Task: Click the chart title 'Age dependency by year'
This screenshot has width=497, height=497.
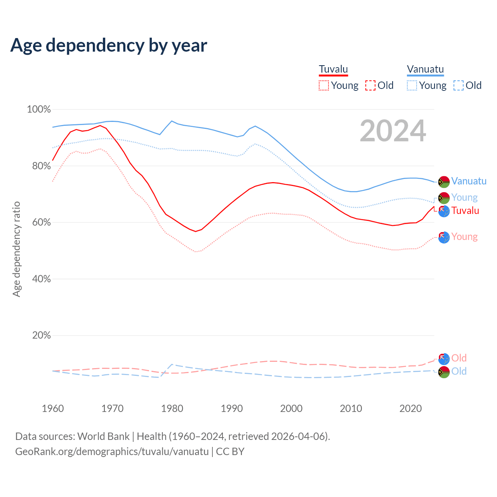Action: (109, 45)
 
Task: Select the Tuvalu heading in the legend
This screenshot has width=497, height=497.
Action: (333, 69)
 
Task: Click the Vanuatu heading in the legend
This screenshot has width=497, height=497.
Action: (425, 69)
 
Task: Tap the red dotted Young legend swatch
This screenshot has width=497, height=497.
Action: (323, 85)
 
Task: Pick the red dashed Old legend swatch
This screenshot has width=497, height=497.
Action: (370, 85)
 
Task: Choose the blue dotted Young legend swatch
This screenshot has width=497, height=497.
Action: (412, 85)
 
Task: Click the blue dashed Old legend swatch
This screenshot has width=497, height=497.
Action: (459, 85)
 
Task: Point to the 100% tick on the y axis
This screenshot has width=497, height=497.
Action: (39, 109)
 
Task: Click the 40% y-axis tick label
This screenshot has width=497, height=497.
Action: (41, 279)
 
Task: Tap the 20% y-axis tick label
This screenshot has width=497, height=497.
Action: (41, 335)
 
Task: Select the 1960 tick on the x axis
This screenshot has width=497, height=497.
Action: (53, 408)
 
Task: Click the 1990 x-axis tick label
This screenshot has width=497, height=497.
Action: (232, 408)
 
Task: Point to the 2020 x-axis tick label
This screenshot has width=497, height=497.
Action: (410, 408)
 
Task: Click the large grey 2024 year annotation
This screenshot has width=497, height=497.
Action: (393, 131)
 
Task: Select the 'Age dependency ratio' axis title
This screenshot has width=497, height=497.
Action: (16, 249)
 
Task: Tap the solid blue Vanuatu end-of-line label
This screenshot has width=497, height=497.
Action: (469, 181)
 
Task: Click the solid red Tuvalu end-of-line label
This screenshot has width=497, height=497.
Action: (465, 211)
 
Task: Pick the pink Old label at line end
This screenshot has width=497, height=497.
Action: (459, 358)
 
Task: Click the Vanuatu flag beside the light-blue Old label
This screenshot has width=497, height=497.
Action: (444, 372)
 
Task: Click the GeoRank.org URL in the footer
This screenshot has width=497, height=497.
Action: (112, 452)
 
